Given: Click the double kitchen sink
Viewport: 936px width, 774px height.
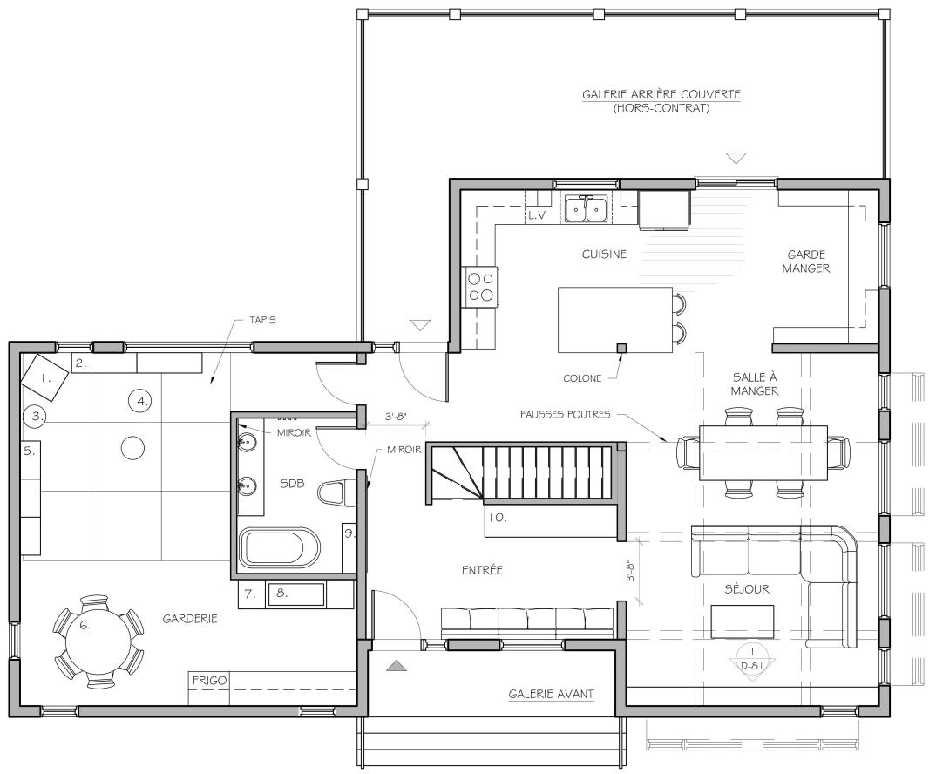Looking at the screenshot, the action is [587, 208].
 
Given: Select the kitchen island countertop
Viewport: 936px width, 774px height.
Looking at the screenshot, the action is [615, 320].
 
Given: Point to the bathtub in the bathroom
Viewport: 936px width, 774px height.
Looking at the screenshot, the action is [280, 547].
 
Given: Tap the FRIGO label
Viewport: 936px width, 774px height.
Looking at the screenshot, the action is [209, 680].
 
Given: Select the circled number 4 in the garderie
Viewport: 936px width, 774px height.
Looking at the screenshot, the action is [142, 401].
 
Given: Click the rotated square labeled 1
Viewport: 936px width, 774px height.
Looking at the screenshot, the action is [44, 377].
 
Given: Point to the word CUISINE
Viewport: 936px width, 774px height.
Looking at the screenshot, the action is [604, 254].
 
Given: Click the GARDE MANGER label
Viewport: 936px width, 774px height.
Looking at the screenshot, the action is [806, 261].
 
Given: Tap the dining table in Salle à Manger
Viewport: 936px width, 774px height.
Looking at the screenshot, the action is [763, 452].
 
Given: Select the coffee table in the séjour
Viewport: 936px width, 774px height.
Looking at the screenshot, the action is [743, 621].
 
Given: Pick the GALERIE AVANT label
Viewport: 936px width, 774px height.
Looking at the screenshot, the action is [551, 694].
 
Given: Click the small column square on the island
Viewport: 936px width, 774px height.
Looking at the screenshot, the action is [622, 348].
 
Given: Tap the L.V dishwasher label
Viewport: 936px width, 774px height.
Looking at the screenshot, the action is [537, 215].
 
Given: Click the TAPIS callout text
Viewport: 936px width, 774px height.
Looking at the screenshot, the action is [262, 320].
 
